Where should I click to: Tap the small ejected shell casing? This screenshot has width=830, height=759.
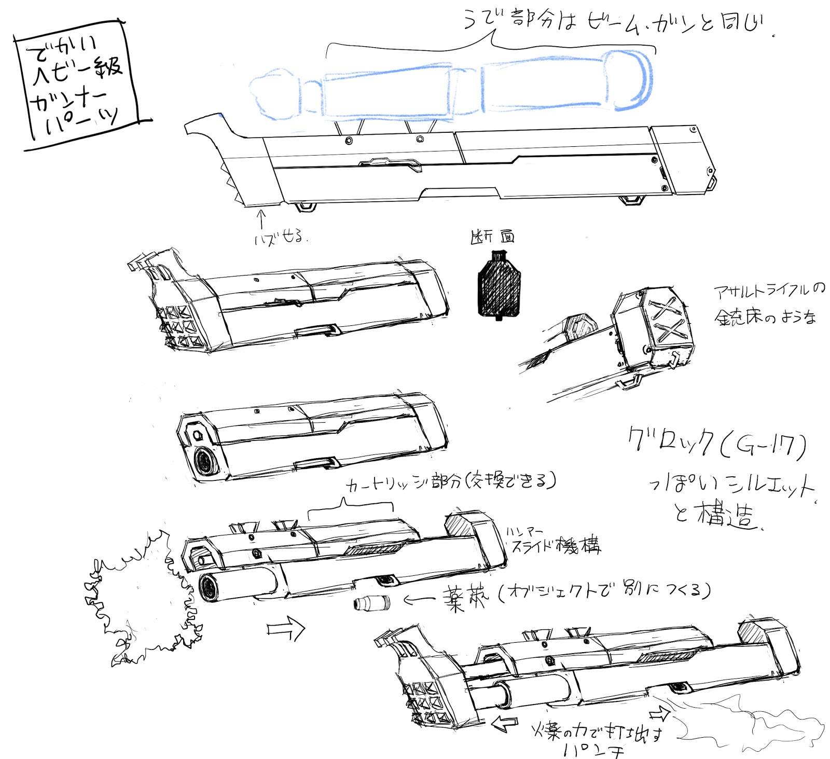point(372,603)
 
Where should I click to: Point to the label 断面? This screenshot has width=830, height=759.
point(492,237)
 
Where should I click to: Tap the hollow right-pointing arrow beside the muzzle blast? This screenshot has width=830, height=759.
point(286,629)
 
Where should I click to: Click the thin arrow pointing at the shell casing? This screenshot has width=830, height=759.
point(419,600)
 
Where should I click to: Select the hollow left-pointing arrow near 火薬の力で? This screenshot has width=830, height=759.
point(504,723)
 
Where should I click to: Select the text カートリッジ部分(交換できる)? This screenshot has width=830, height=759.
point(450,482)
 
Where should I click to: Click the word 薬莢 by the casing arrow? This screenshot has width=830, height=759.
point(465,599)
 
